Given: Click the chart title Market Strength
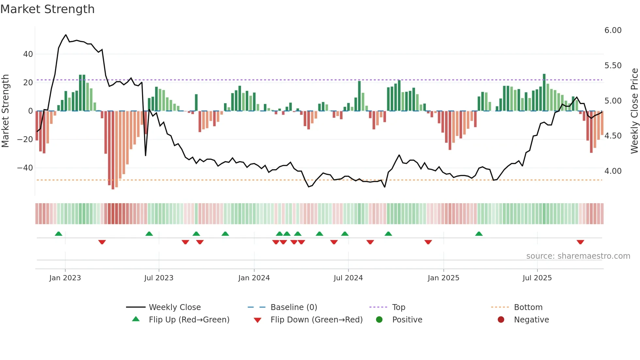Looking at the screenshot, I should coord(47,9).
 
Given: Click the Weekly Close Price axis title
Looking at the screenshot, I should coord(634,111).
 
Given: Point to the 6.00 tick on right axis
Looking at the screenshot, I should coord(613,30).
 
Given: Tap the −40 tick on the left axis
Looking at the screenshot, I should coord(25,168).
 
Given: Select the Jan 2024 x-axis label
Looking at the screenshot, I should coord(254,278).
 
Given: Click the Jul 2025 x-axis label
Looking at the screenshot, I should coord(537,278).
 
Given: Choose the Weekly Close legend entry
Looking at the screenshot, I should coord(174,307).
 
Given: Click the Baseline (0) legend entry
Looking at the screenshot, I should coord(294,307).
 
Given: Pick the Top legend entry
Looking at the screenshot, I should coord(398,307).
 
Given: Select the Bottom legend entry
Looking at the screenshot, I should coord(528,307).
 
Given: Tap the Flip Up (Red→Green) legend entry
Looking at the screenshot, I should coord(189,320).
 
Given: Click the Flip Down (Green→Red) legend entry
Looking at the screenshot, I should coord(316,320).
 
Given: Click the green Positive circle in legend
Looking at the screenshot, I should coord(379,319).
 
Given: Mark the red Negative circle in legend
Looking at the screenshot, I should coord(501,319).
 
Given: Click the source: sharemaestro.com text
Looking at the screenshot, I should coord(578,256).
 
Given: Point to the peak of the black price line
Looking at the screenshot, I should coord(66,35).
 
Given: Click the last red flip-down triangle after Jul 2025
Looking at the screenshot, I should coord(580,242).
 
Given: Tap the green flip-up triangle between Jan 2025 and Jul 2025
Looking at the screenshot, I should coord(479,234).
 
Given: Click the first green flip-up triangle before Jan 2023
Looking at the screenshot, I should coord(58,234).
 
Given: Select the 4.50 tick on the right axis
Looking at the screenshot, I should coord(613,136).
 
